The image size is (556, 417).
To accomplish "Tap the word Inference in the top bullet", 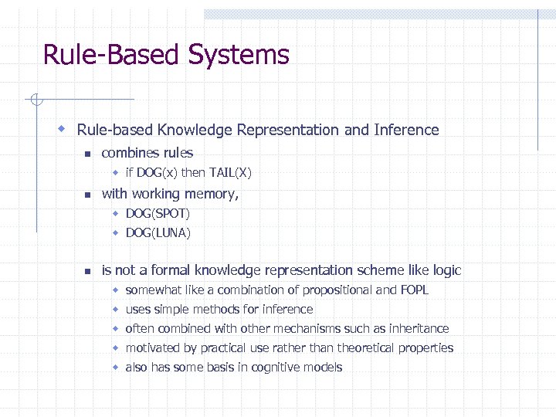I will tap(406, 131).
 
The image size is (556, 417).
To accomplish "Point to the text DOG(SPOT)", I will tap(158, 213).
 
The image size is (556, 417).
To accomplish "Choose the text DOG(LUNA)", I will tap(158, 232).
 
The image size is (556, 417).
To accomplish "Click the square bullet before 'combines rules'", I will tap(87, 154).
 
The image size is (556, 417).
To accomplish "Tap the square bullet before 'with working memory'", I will tap(87, 195).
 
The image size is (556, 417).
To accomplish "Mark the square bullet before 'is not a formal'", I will tap(87, 271).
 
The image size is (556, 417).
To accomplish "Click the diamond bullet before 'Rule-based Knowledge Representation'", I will tap(62, 129).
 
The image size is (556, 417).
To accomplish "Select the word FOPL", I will tap(413, 290).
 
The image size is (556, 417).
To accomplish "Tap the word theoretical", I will tap(364, 348).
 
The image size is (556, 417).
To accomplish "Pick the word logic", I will tap(446, 270).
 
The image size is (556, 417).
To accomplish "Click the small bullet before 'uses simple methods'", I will tap(114, 309).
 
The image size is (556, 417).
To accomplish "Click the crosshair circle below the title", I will tap(36, 99).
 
